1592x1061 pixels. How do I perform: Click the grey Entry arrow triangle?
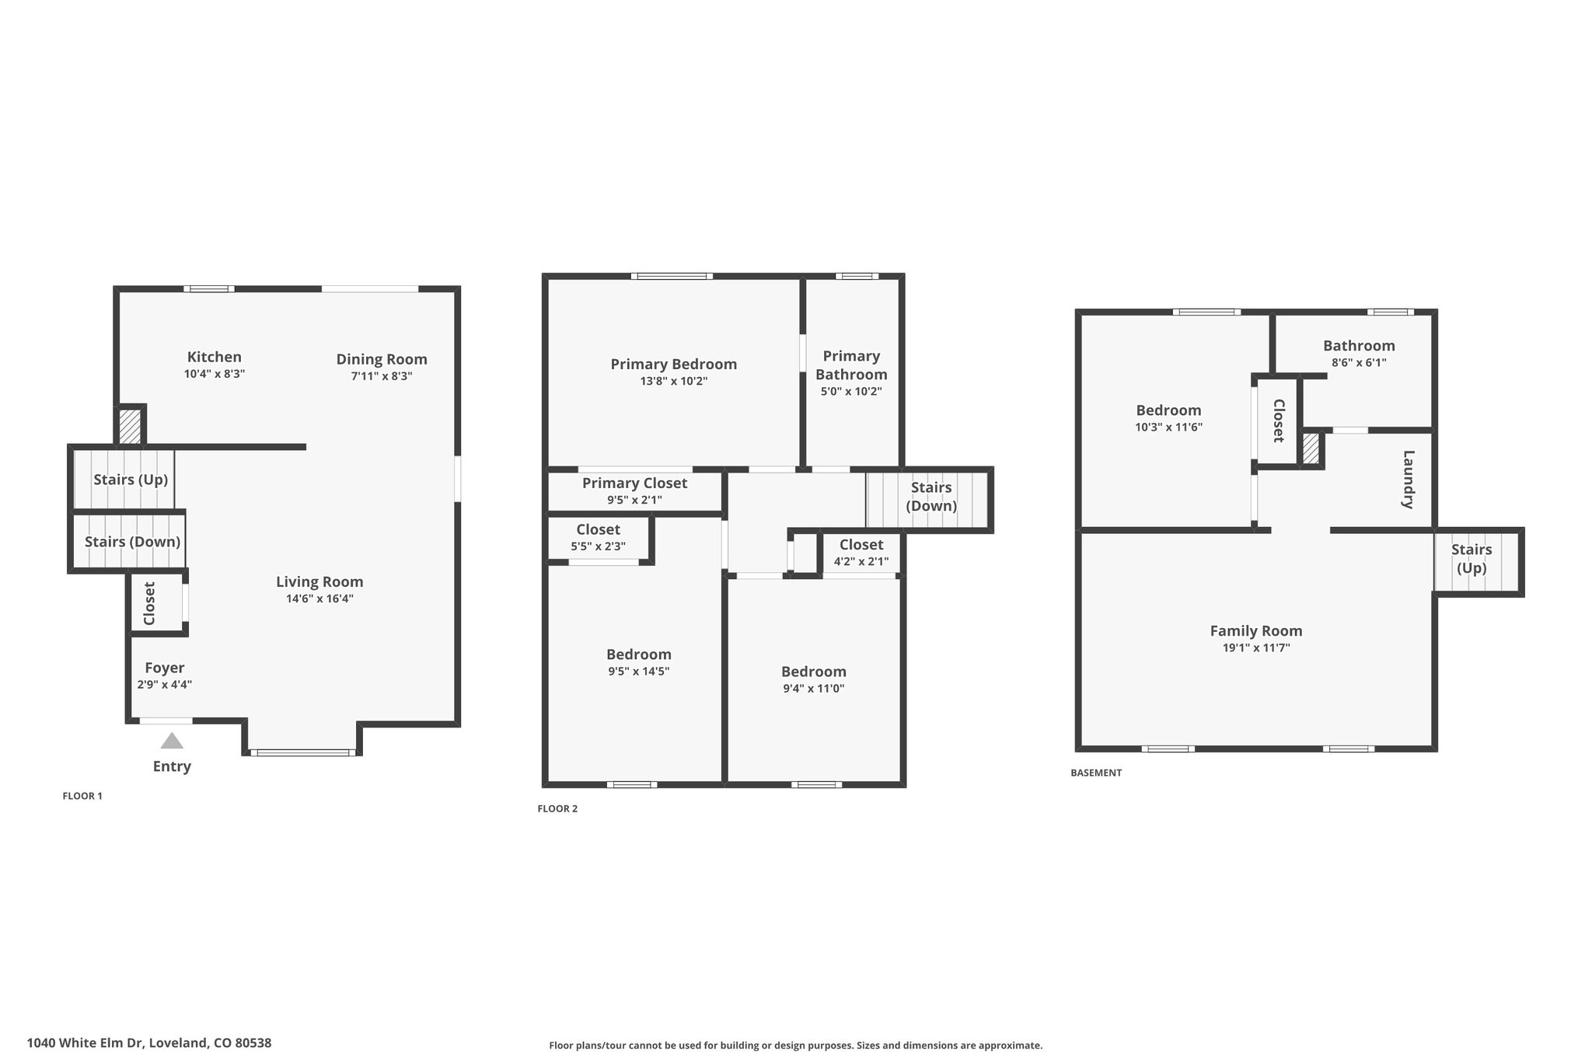coord(172,741)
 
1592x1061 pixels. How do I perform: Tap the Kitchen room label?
coord(215,357)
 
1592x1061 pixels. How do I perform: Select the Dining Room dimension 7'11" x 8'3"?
coord(382,376)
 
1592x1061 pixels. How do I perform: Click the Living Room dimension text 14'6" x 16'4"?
coord(319,599)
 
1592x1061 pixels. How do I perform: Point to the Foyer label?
coord(165,668)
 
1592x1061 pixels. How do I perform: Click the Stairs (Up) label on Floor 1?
coord(131,480)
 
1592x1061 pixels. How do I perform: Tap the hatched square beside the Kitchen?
coord(130,427)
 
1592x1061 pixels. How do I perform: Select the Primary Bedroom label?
coord(674,364)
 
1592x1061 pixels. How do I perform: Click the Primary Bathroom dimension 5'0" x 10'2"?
coord(851,392)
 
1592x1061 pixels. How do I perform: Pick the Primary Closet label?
coord(635,483)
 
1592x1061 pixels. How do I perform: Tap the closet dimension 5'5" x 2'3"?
coord(599,546)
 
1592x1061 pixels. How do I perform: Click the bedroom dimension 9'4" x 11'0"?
coord(814,688)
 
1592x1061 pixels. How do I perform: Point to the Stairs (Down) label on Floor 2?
coord(931,497)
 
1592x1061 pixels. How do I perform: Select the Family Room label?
coord(1256,631)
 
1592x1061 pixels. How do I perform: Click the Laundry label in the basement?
coord(1407,480)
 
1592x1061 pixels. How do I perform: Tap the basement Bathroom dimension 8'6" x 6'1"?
coord(1359,362)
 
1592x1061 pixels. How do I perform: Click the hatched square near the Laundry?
coord(1311,449)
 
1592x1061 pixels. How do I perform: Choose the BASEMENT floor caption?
coord(1096,773)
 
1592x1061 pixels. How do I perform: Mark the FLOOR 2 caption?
coord(557,808)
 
